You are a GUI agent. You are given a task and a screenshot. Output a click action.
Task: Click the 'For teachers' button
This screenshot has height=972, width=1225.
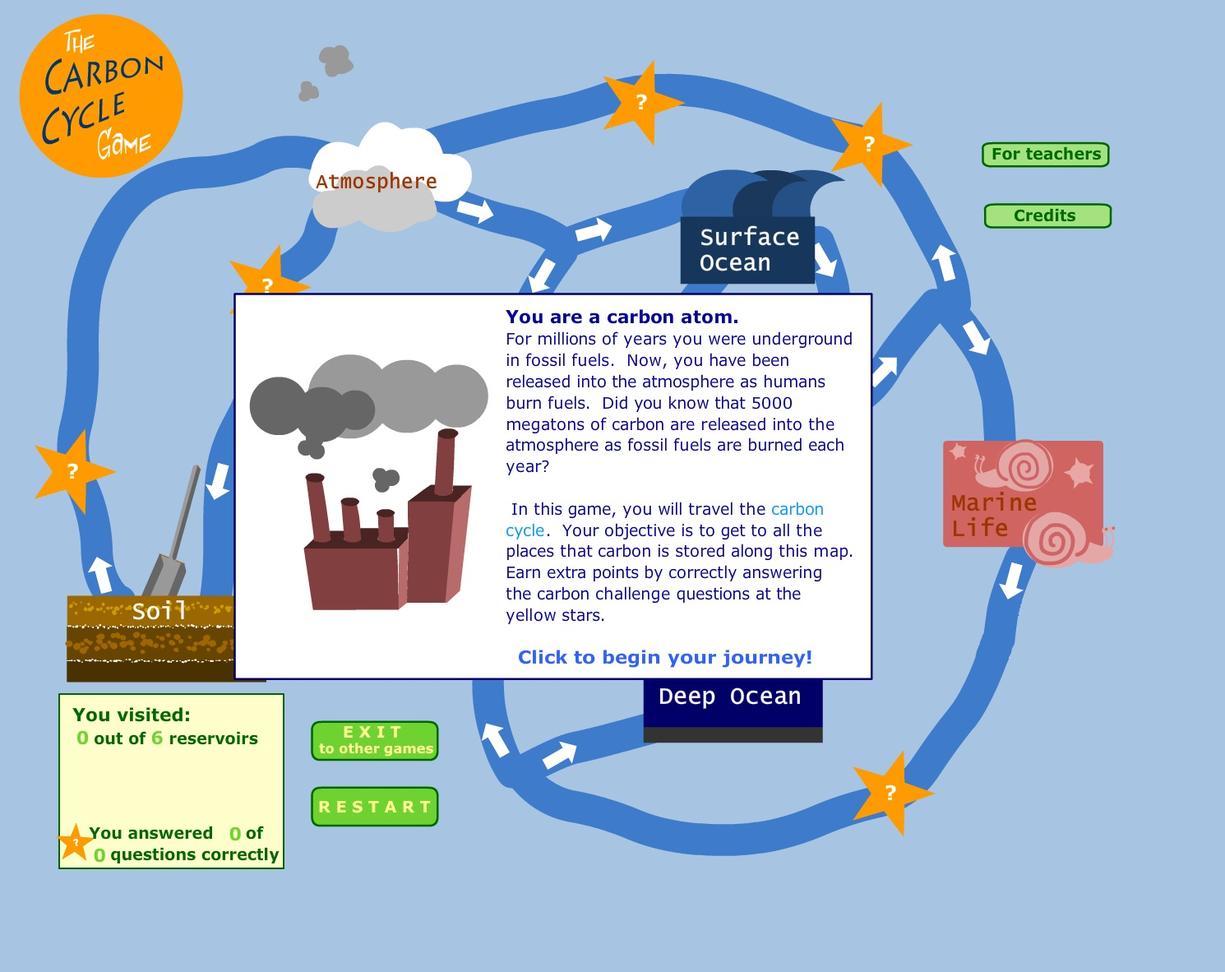[1045, 154]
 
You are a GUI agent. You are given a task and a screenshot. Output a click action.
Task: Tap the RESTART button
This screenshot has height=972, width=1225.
[374, 806]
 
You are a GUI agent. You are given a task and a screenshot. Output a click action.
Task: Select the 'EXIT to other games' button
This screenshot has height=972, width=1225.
[374, 740]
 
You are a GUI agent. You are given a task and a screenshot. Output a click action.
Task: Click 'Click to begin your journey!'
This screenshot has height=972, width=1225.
[664, 657]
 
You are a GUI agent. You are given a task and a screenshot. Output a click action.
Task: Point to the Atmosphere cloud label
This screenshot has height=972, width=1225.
[376, 181]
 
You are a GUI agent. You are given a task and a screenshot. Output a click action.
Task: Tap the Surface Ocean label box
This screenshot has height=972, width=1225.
[748, 249]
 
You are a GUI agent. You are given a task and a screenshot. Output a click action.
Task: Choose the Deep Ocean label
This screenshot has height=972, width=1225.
[730, 697]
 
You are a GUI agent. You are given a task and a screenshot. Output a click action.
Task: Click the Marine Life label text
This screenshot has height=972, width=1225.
[992, 514]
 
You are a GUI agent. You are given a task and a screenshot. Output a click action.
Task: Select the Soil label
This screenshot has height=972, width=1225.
[159, 610]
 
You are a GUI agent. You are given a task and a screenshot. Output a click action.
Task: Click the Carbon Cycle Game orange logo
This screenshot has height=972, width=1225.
[101, 96]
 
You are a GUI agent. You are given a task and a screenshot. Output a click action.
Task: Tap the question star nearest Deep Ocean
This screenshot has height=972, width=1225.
[890, 793]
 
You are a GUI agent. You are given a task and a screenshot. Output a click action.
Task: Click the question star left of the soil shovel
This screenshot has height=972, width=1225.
[72, 471]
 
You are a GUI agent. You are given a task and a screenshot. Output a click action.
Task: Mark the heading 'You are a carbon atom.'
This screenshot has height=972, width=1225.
[622, 317]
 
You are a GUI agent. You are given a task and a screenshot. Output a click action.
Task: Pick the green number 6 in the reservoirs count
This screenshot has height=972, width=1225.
[157, 738]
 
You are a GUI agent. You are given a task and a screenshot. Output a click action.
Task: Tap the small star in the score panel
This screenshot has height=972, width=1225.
[75, 842]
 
